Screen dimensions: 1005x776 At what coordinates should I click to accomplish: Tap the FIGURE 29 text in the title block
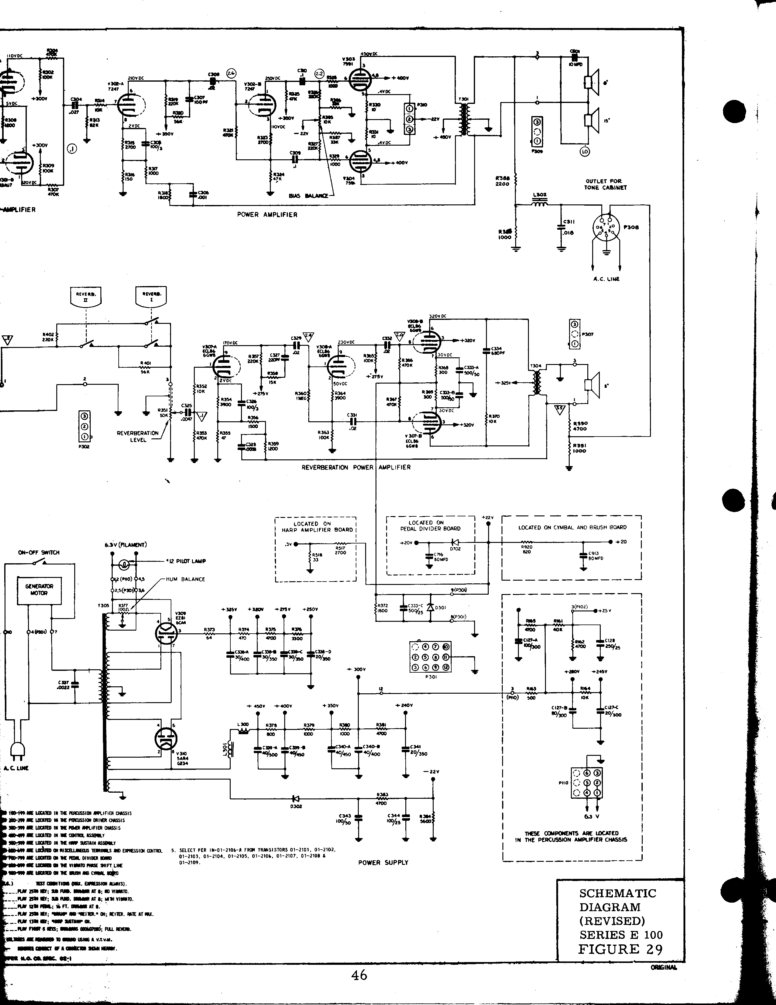click(620, 949)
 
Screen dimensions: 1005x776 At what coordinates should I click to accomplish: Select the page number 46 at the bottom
click(359, 975)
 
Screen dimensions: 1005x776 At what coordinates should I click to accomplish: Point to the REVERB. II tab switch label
click(86, 296)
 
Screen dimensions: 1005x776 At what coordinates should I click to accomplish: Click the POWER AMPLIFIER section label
click(267, 214)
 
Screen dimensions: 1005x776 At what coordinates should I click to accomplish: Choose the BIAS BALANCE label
click(308, 196)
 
